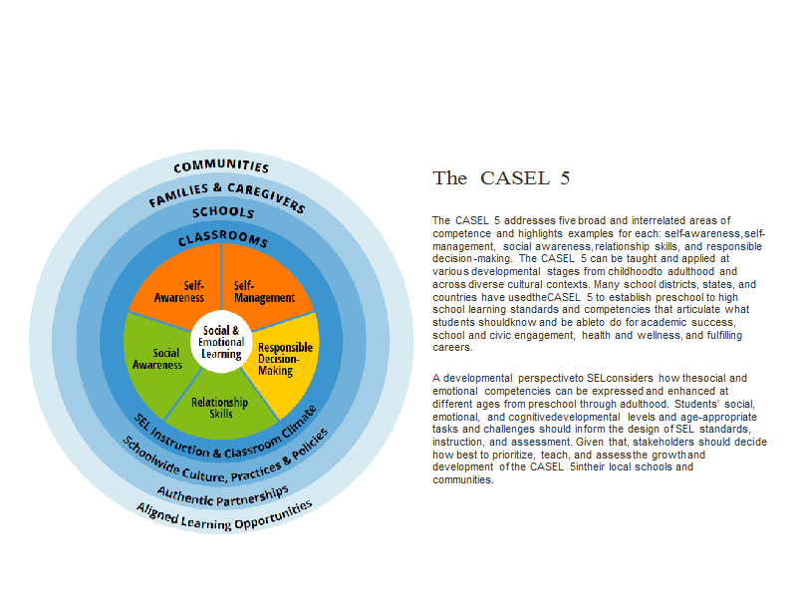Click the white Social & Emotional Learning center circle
pos(221,342)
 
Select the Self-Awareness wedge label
pos(179,291)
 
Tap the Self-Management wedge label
pos(264,291)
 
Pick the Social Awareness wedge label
pos(157,359)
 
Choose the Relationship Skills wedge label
pos(219,408)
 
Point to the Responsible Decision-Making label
pos(285,359)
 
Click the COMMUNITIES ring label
pos(221,165)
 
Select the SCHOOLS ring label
pos(222,212)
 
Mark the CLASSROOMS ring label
pos(222,237)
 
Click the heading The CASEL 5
pos(501,178)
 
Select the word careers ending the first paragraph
pos(452,348)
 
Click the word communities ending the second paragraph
pos(462,479)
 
